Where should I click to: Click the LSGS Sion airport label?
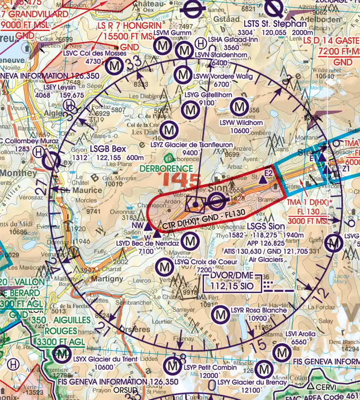click(266, 226)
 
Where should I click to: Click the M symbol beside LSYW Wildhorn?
click(239, 107)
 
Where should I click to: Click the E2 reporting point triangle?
click(263, 180)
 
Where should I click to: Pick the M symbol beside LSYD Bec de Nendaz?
click(190, 241)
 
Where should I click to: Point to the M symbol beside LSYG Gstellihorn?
click(190, 110)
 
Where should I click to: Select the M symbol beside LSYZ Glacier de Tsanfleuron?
click(170, 129)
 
